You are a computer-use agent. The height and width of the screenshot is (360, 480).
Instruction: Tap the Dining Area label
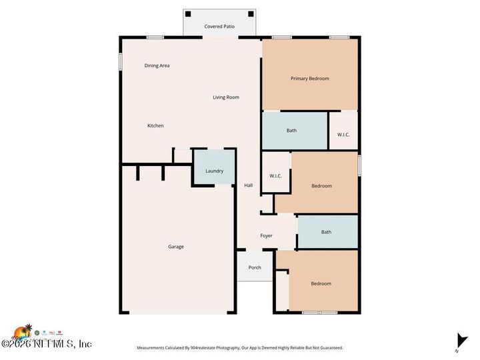157,65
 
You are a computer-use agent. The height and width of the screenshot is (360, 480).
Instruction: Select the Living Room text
226,97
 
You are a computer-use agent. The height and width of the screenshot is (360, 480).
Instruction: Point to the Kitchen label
155,125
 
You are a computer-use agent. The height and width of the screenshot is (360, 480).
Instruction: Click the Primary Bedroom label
310,79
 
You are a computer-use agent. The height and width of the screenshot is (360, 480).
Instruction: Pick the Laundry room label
214,171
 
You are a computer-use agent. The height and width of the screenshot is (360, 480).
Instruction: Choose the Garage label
176,247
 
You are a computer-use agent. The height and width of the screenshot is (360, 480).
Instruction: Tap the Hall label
248,185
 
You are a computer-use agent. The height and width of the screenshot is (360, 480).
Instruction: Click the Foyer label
266,235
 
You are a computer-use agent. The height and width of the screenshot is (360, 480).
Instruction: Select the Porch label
255,267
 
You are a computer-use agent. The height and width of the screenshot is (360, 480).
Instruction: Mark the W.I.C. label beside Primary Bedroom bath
343,135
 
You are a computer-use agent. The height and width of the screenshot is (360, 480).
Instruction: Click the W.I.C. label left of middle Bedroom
275,176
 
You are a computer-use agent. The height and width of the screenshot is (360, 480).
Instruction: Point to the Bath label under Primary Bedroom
291,130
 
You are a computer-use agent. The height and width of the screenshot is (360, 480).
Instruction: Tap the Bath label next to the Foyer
326,232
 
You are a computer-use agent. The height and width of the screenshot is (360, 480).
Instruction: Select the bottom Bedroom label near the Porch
321,283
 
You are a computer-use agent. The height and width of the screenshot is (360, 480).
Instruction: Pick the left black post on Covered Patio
188,13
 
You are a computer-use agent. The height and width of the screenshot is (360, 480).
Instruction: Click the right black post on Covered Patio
251,13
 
